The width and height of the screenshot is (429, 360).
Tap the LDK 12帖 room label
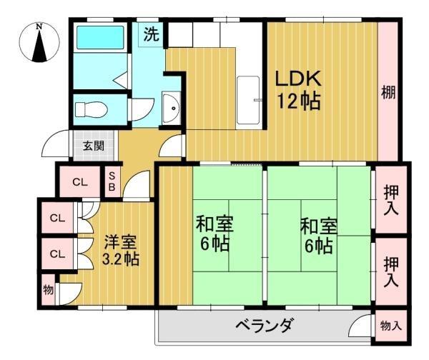(298, 89)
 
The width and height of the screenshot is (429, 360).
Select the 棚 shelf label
(388, 93)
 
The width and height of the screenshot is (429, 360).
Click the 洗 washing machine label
(152, 34)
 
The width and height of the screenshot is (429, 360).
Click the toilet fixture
(91, 109)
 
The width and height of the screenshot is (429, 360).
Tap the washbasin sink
(172, 109)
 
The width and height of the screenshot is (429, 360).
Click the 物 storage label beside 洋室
(48, 289)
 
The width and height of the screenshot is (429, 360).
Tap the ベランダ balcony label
(264, 326)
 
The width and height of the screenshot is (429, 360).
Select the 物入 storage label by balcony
(391, 326)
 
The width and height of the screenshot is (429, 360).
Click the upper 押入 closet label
(391, 199)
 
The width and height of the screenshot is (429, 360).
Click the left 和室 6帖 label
(214, 234)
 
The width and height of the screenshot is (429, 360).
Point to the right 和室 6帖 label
(317, 236)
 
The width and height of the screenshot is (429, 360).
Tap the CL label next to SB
(80, 181)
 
